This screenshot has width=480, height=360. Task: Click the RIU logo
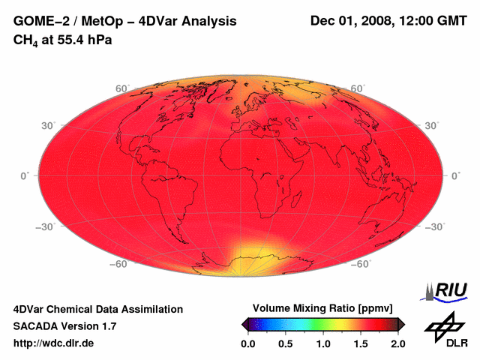445,291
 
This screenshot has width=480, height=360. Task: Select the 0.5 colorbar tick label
286,343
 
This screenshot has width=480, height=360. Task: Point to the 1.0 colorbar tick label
323,343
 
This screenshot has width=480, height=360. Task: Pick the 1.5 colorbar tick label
361,343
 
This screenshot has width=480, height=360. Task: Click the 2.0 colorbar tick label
398,343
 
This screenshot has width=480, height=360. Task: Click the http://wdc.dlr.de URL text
54,343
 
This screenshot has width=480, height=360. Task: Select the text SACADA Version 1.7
64,326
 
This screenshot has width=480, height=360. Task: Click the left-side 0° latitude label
25,175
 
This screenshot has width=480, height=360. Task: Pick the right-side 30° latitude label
433,124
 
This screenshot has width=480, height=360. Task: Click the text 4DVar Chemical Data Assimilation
97,309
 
